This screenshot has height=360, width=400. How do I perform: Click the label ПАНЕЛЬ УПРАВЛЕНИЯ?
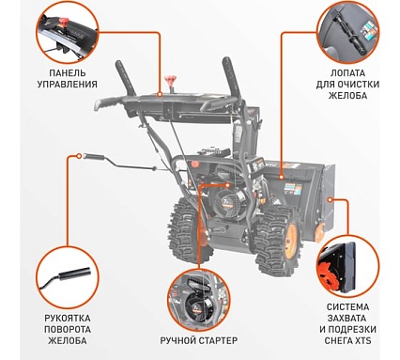pyautogui.click(x=68, y=79)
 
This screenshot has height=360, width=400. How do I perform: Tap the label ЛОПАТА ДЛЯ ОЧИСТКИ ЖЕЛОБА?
pyautogui.click(x=347, y=85)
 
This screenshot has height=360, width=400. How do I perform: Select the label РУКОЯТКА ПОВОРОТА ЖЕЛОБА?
pyautogui.click(x=68, y=329)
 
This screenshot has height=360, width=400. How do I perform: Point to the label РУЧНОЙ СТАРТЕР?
pyautogui.click(x=199, y=340)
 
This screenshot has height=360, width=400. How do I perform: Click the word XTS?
pyautogui.click(x=362, y=340)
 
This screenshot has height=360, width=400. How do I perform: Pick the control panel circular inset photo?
pyautogui.click(x=68, y=32)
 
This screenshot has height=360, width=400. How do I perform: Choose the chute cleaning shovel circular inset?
pyautogui.click(x=347, y=32)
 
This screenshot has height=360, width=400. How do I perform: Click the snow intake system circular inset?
pyautogui.click(x=347, y=266)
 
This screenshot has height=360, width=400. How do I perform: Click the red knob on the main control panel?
pyautogui.click(x=171, y=81)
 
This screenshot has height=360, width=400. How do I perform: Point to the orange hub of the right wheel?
pyautogui.click(x=291, y=237)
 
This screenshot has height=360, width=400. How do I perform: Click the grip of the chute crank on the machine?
pyautogui.click(x=95, y=156)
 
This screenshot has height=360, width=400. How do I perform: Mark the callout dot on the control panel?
pyautogui.click(x=160, y=94)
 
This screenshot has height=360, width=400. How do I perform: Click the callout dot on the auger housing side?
pyautogui.click(x=330, y=199)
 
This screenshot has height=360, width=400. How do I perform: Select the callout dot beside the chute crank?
pyautogui.click(x=79, y=155)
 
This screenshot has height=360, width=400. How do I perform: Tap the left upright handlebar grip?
pyautogui.click(x=125, y=78)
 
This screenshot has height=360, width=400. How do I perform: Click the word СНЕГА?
pyautogui.click(x=338, y=340)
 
